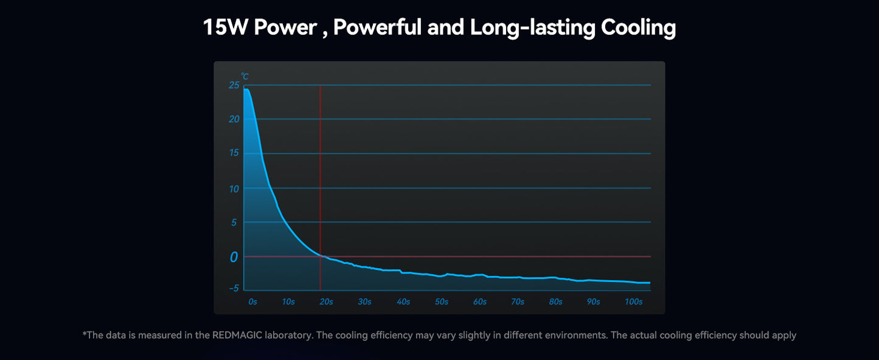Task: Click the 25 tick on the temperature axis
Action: (x=234, y=85)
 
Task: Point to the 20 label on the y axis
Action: (x=234, y=119)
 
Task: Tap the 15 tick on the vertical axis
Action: (x=234, y=153)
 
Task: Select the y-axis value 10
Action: (x=234, y=189)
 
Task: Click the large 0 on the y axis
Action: (x=234, y=257)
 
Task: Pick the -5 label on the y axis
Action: (x=234, y=288)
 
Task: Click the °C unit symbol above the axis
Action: (x=245, y=77)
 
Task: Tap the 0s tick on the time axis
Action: (x=252, y=302)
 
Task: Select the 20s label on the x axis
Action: (x=327, y=302)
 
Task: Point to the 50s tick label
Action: (x=442, y=302)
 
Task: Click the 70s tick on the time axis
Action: (x=518, y=302)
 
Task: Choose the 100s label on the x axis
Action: (x=633, y=302)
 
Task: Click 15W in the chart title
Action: (x=225, y=28)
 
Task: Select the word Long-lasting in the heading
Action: (x=532, y=28)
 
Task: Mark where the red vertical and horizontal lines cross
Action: (x=320, y=257)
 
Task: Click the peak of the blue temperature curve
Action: (x=246, y=89)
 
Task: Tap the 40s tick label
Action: (x=403, y=302)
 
